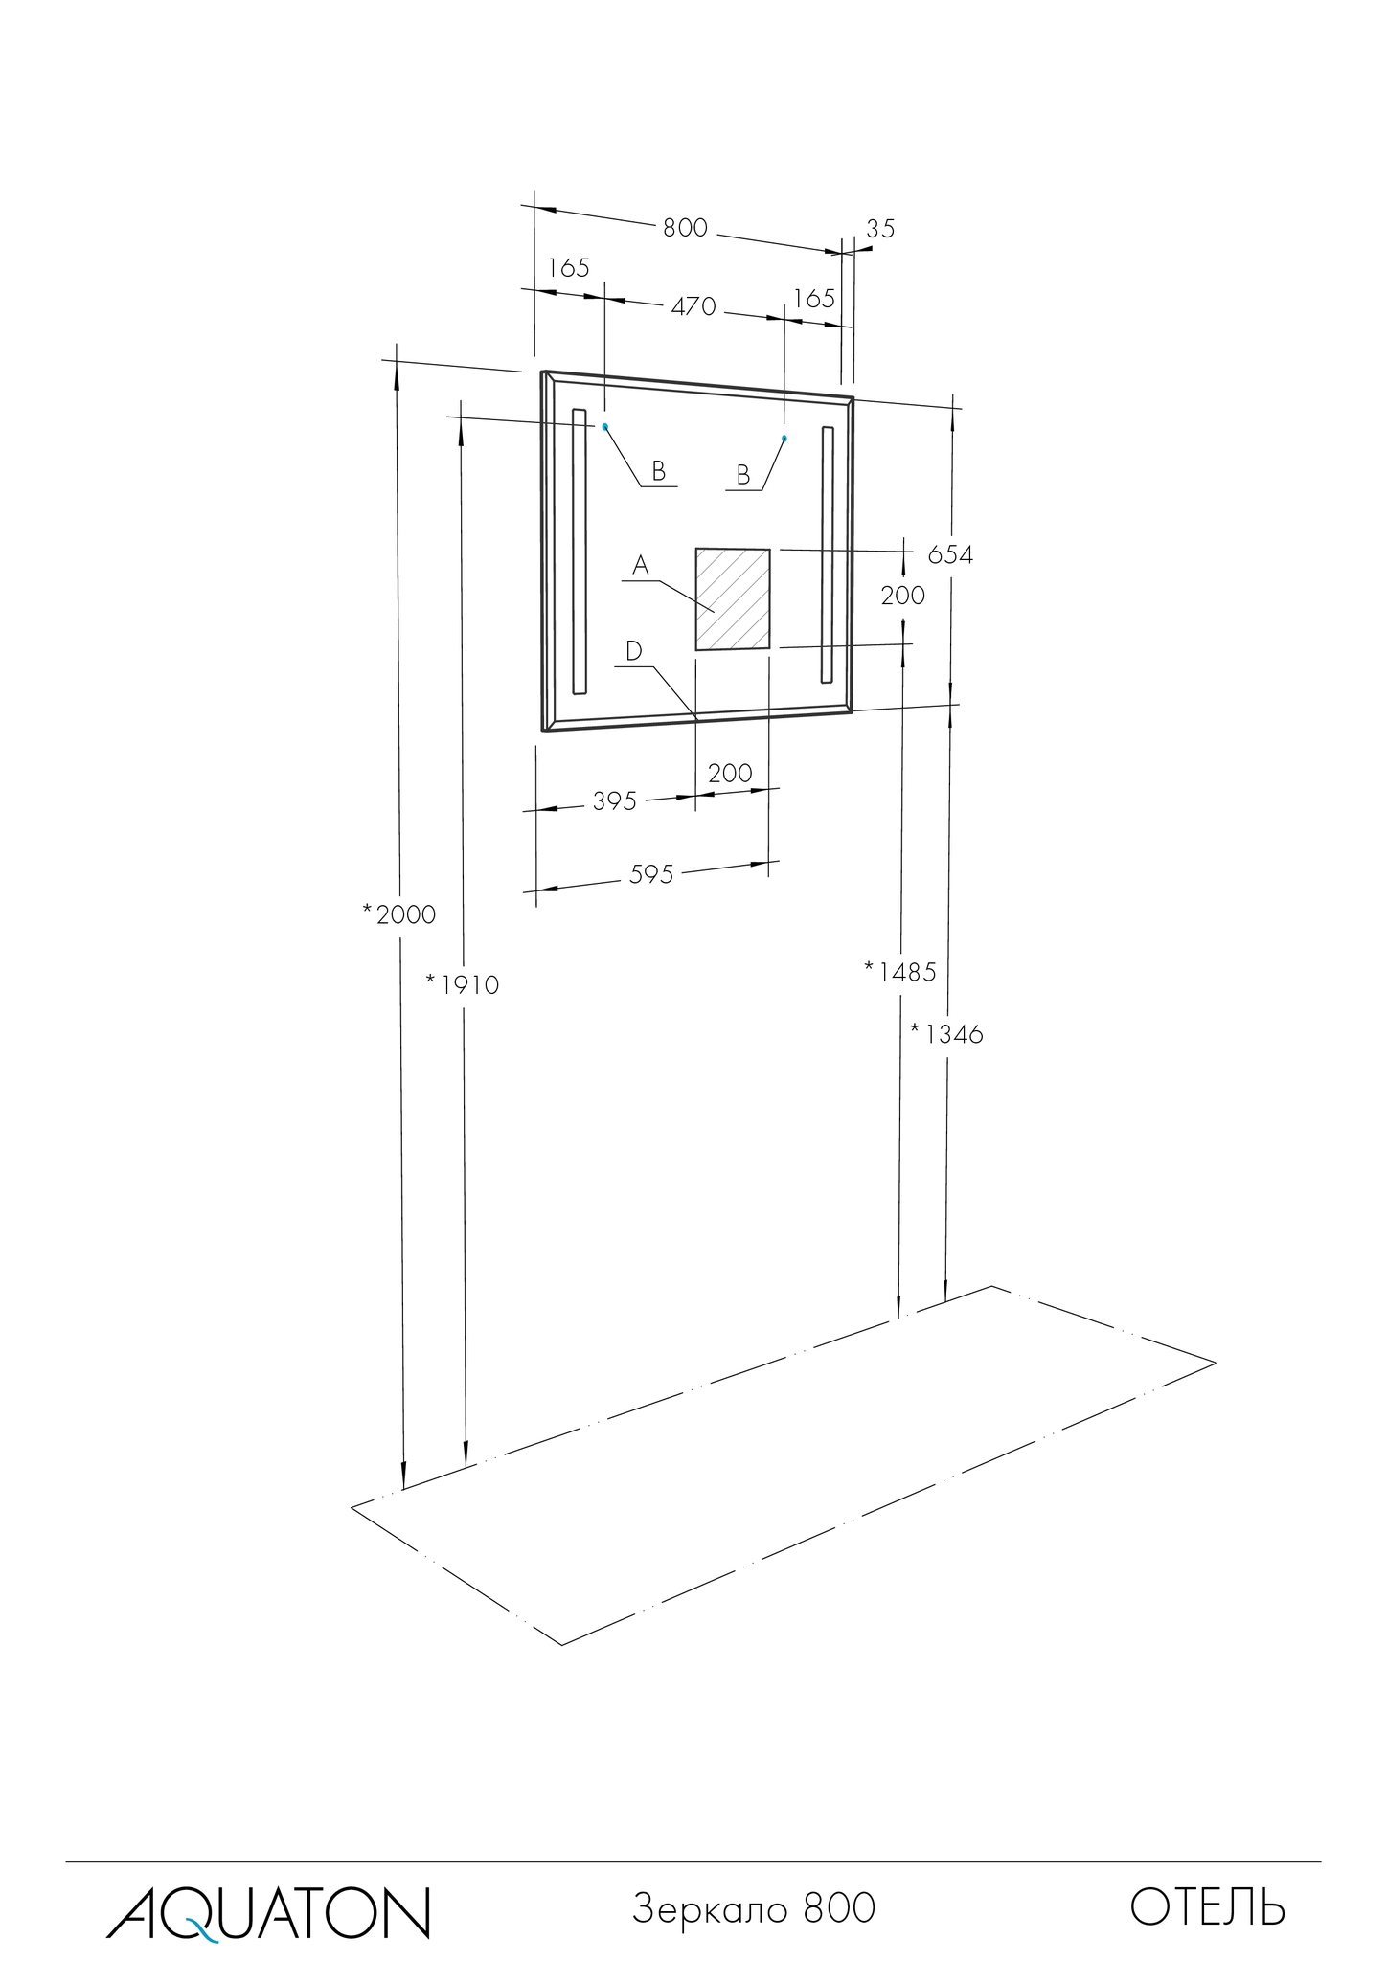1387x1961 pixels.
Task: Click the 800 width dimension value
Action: tap(685, 228)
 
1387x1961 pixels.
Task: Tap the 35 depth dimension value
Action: tap(880, 229)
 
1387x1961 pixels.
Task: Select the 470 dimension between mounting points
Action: tap(693, 306)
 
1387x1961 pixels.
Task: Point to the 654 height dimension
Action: tap(950, 554)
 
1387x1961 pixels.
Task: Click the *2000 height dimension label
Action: tap(399, 914)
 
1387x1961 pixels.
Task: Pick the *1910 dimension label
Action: tap(463, 984)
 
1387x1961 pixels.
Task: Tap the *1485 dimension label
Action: tap(899, 972)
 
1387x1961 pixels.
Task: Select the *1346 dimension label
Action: tap(946, 1034)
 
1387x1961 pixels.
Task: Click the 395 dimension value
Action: tap(614, 801)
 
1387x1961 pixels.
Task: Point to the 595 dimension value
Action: tap(651, 874)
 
